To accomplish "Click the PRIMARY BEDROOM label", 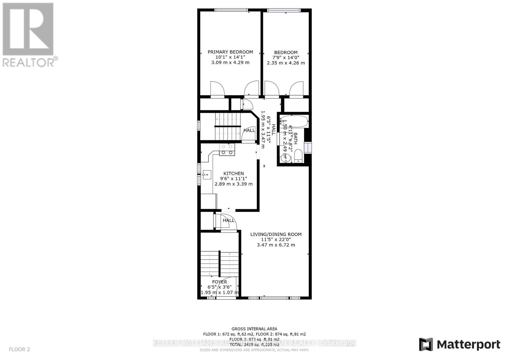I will point(230,52).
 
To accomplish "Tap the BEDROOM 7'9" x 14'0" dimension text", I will point(286,58).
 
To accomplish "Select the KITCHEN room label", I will point(234,173).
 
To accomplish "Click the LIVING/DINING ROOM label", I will point(276,234).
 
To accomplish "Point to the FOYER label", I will point(220,282).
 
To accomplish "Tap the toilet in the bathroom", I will point(298,156).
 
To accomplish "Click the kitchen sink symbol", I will point(207,174).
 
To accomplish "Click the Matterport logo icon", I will point(426,344).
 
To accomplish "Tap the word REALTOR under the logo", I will point(28,62).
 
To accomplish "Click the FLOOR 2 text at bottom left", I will point(19,350).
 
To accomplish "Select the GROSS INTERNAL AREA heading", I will point(254,329).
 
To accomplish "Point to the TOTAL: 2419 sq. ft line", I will point(254,344).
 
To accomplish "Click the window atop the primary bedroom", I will point(231,10).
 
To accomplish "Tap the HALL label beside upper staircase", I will point(249,130).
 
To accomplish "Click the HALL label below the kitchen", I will point(228,220).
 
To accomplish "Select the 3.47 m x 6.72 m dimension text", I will point(276,245).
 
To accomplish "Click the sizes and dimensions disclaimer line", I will point(254,350).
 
